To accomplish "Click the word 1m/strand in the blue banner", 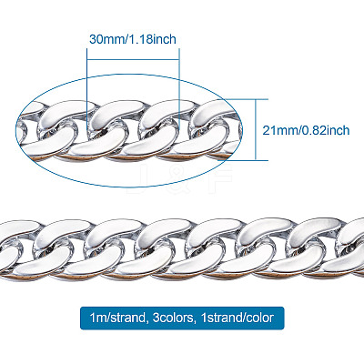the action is pos(117,318).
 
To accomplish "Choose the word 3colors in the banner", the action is pos(172,318).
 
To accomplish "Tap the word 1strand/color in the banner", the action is pos(237,318).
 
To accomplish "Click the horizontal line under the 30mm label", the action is pos(133,60).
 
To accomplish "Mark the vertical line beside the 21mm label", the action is pos(256,129).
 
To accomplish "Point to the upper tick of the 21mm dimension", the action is pos(246,99).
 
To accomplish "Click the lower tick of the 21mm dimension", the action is pos(246,160).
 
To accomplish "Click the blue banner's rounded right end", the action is pos(283,318).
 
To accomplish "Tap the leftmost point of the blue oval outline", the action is pos(15,130).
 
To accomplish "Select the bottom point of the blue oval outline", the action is pos(129,187).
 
